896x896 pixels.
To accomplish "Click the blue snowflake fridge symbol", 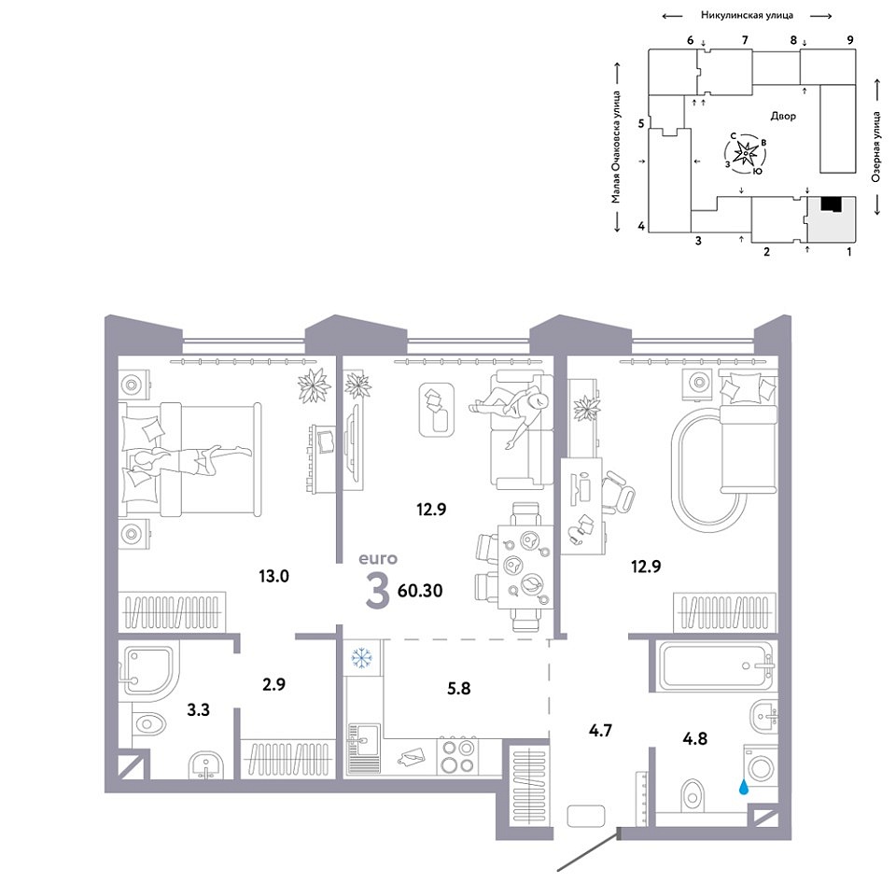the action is coord(361,658).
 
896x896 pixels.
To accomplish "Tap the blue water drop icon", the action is coord(744,788).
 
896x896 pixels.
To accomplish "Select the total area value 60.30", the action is coord(420,590).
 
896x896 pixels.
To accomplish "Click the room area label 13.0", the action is coord(273,576).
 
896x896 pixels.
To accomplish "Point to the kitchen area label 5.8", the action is coord(459,688).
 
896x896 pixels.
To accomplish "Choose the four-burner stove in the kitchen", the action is coord(458,756).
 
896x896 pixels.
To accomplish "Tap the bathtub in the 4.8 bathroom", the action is coord(717,666).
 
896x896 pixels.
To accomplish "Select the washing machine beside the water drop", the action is coord(761,768).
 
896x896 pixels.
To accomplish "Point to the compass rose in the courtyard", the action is coord(745,153).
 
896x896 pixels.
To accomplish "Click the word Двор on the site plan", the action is coord(783,117).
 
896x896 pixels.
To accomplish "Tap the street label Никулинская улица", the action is coord(747,16).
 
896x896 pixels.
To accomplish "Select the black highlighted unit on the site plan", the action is coord(832,204).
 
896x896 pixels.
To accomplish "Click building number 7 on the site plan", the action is coord(745,40).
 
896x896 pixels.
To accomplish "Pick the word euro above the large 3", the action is coord(377,559).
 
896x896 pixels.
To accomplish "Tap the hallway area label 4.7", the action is coord(600,730).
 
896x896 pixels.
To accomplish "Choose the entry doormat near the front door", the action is coord(586,816).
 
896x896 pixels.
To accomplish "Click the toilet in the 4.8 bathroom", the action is coord(692,795).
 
